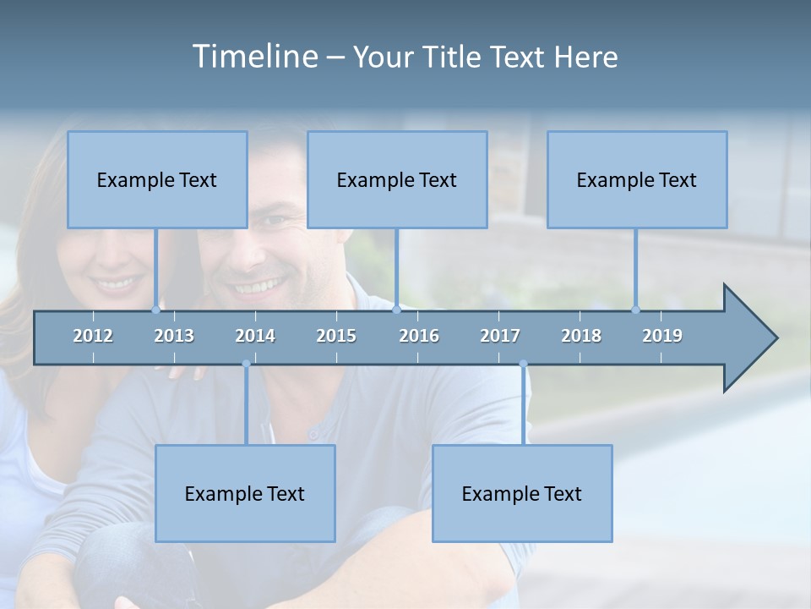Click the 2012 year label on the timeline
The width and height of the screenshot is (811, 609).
pos(93,336)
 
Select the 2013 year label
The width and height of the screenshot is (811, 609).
pos(174,336)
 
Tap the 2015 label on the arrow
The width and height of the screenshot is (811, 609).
pos(336,336)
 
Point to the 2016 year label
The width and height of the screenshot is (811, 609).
pos(419,336)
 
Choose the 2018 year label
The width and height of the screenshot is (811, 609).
pos(581,336)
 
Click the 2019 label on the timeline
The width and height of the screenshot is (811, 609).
pos(662,336)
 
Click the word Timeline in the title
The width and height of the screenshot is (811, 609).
pos(253,57)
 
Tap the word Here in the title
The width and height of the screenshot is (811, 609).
pos(585,57)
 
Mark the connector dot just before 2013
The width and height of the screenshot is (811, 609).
pos(155,310)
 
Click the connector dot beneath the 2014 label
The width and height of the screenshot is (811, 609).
pos(246,365)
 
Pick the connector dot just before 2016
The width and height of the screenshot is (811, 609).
pos(396,310)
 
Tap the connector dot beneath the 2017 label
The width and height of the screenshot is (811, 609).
pos(523,365)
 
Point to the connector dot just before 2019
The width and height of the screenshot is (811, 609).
pos(636,310)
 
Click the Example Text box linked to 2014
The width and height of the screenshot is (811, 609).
pos(245,493)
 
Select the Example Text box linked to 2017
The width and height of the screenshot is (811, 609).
pos(522,493)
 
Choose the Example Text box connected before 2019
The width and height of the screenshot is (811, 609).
pos(637,179)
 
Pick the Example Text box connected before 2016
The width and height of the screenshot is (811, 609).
pos(397,179)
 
